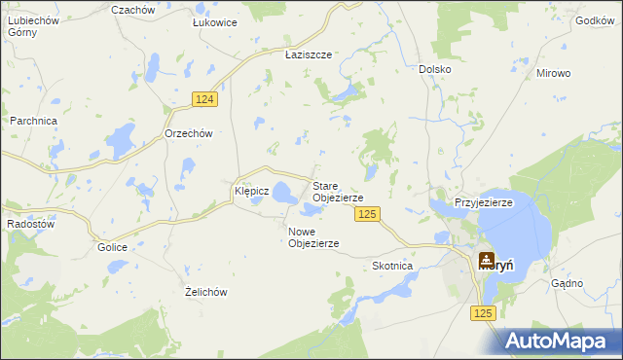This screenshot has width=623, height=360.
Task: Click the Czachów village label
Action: (133, 9)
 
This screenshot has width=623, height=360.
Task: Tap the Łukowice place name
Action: (215, 22)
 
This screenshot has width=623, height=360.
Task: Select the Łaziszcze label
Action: (309, 55)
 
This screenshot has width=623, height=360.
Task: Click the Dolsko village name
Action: (434, 69)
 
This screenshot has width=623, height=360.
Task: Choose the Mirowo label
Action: (553, 73)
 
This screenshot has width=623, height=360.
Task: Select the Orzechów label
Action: (188, 133)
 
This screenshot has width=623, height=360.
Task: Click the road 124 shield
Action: (204, 100)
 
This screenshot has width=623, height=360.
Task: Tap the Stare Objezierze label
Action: (337, 192)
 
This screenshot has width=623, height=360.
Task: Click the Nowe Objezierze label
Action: (313, 237)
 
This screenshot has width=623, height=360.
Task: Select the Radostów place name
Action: (30, 223)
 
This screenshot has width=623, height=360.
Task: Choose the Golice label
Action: (112, 247)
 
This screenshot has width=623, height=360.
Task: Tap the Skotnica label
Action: (393, 266)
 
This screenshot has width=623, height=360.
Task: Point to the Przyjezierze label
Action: (484, 202)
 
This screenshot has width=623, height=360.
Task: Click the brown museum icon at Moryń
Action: (486, 261)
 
